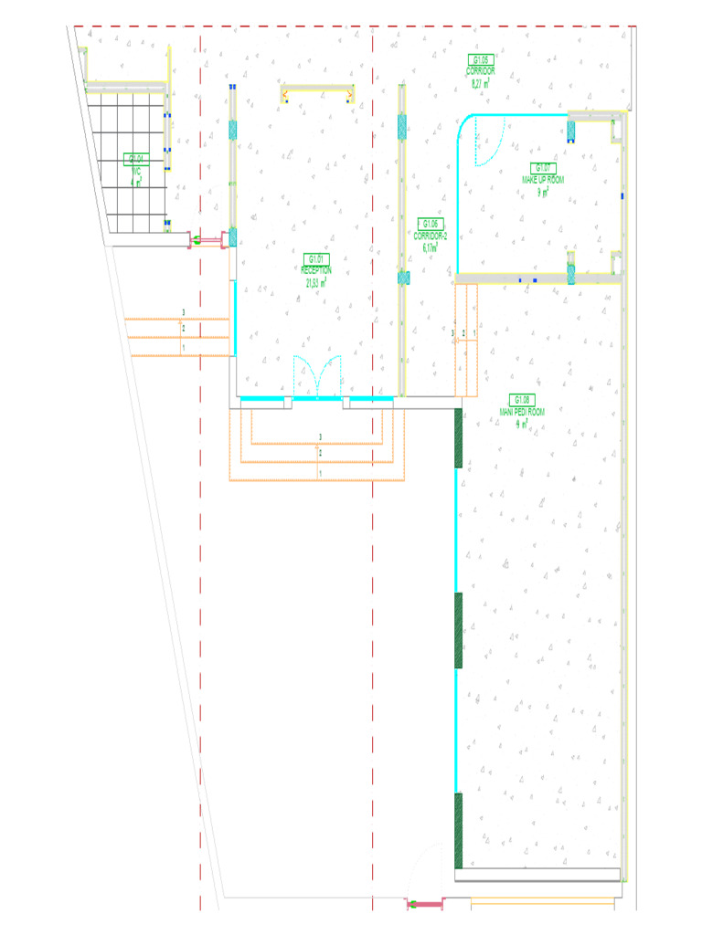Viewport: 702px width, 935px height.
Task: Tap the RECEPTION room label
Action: [x=316, y=270]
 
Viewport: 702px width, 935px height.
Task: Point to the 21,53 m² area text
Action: [x=317, y=282]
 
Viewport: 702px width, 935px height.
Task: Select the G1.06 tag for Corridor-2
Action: [x=431, y=224]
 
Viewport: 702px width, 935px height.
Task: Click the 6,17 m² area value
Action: [x=431, y=247]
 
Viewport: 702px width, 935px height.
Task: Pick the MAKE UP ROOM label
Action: [x=543, y=180]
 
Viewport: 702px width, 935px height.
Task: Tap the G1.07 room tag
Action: [x=543, y=167]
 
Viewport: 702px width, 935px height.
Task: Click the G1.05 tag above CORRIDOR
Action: [x=481, y=59]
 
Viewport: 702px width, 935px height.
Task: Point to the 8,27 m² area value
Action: [x=481, y=83]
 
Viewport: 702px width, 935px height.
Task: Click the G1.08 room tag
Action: [x=522, y=400]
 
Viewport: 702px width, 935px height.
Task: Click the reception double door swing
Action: [x=316, y=378]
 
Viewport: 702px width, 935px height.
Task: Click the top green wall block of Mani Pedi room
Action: [x=459, y=439]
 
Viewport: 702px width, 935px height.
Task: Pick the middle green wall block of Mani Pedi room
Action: [x=459, y=630]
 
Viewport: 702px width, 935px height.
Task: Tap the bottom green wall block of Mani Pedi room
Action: [x=459, y=830]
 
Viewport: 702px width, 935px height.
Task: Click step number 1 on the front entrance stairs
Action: [x=320, y=475]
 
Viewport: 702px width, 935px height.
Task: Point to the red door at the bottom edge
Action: [x=424, y=904]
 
